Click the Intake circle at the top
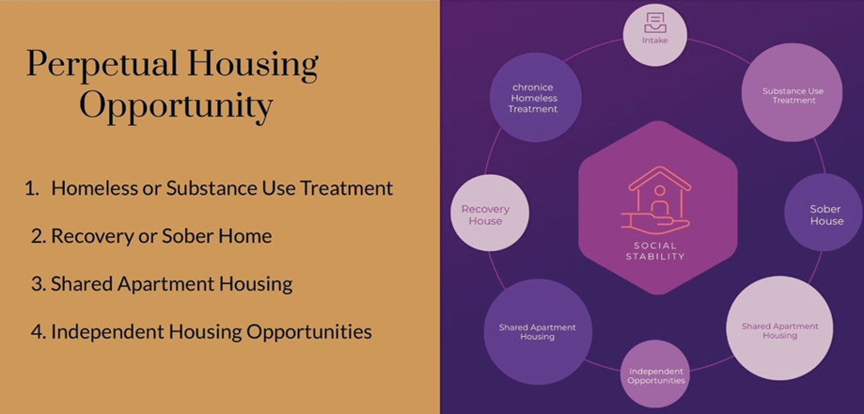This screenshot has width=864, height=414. point(654,35)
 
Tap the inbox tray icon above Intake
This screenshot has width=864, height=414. point(654,23)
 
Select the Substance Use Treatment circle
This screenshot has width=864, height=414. point(792,92)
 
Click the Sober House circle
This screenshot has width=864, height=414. point(824,213)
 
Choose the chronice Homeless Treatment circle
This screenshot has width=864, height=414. point(535,97)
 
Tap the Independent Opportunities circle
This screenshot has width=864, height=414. point(655,374)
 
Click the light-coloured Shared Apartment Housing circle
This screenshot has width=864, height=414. point(779,328)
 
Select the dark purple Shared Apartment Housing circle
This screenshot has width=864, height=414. point(537,331)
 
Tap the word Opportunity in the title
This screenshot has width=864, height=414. point(177,105)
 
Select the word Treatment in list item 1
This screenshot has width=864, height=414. point(347,188)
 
